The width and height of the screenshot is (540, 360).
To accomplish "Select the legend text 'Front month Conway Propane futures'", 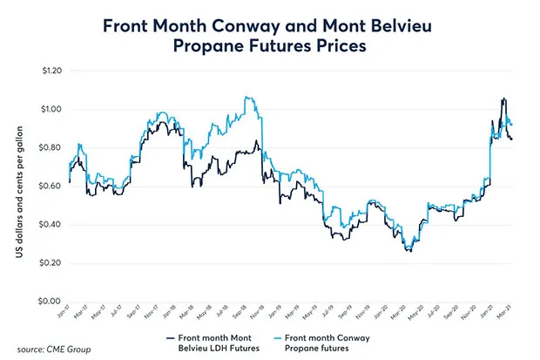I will point(328,343).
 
